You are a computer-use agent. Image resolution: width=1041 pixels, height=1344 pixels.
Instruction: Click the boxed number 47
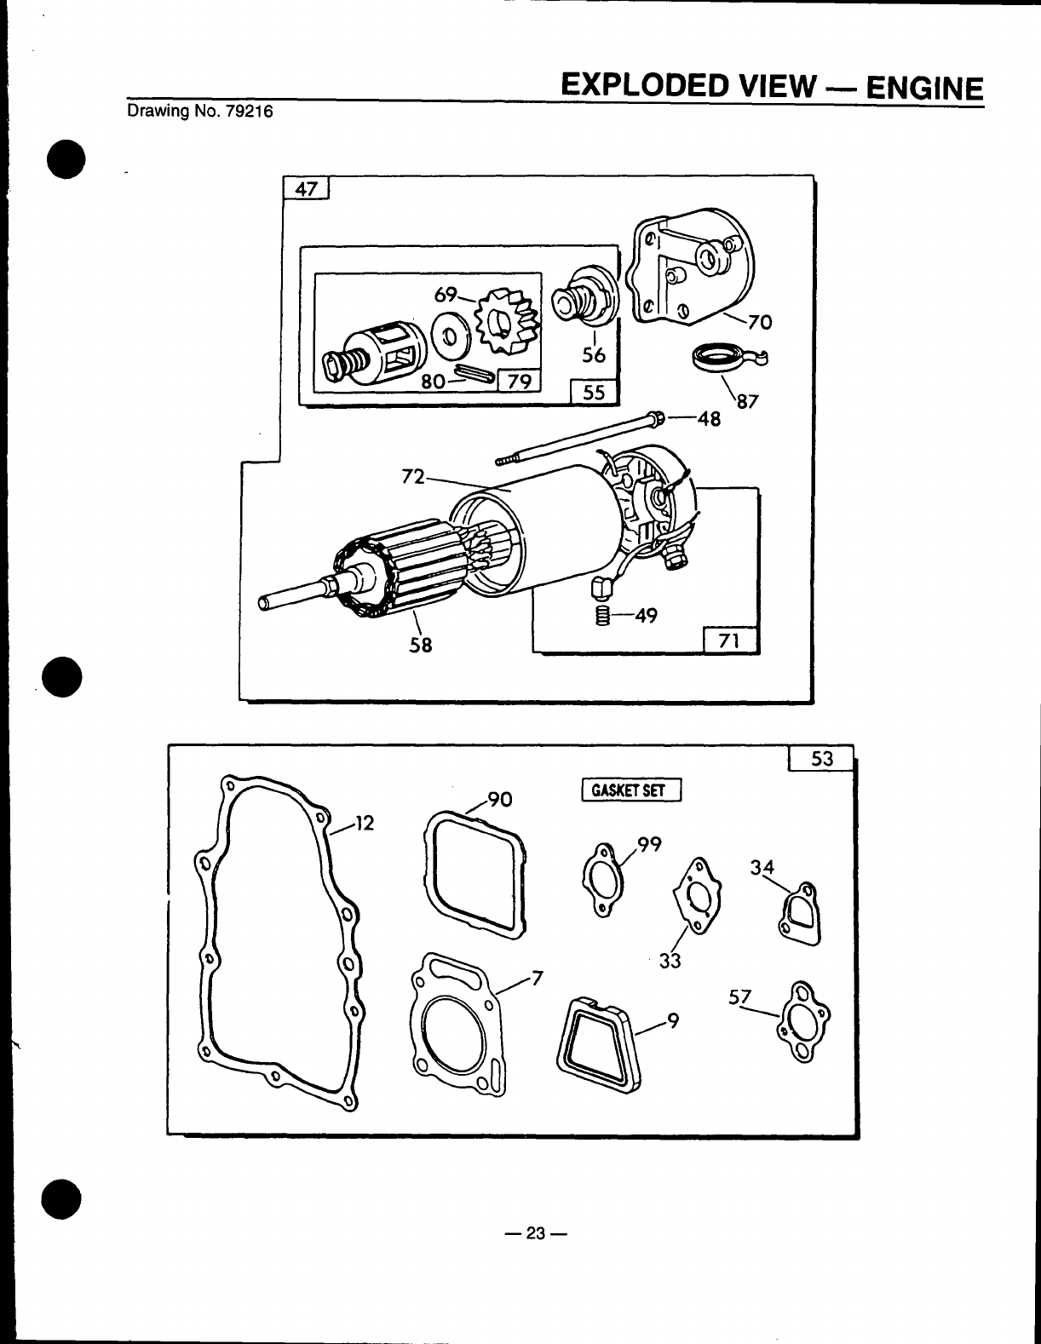[305, 188]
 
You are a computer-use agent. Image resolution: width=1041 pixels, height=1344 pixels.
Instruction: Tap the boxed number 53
[821, 758]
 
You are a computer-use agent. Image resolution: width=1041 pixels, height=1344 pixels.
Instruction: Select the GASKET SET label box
[631, 790]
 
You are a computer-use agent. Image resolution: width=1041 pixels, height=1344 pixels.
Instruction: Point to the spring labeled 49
[601, 615]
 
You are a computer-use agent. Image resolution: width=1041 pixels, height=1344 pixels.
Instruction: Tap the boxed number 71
[730, 640]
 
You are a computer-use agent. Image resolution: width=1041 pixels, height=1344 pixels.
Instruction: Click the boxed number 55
[594, 393]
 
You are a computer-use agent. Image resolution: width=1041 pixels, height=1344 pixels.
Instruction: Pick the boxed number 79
[518, 381]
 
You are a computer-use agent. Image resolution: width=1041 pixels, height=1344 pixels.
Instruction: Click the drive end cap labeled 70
[693, 268]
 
